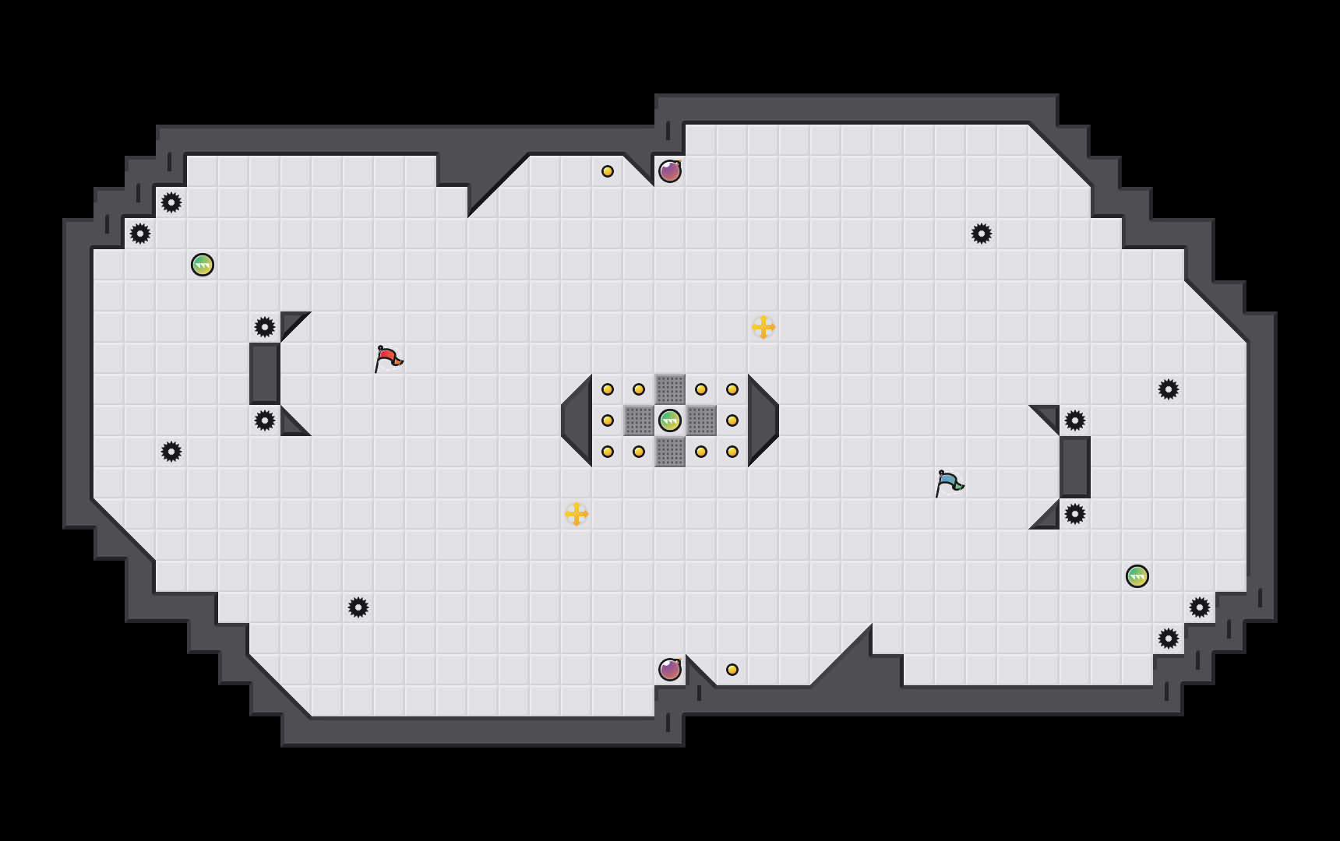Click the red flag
(x=387, y=358)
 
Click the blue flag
(x=948, y=483)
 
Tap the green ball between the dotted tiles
(x=670, y=420)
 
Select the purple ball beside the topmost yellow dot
(x=670, y=171)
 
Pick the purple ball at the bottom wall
(x=670, y=670)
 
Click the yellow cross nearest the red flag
(x=577, y=514)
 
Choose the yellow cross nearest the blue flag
(x=763, y=327)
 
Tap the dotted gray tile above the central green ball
(x=670, y=389)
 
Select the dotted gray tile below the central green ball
(x=670, y=452)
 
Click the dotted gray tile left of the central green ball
(x=639, y=420)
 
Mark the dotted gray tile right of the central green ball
(x=701, y=420)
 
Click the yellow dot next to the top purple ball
(x=608, y=171)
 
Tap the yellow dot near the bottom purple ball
(x=732, y=670)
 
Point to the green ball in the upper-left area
(x=203, y=265)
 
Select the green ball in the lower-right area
(x=1137, y=576)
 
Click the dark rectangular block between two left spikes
(x=265, y=374)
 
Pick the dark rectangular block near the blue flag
(x=1075, y=467)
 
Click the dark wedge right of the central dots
(x=761, y=420)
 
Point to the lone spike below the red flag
(x=358, y=607)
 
